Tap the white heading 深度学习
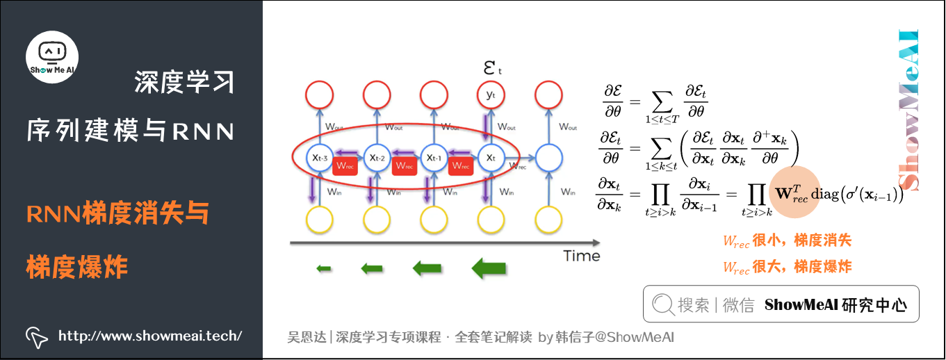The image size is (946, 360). point(184,82)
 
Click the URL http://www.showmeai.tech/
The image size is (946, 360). point(150,336)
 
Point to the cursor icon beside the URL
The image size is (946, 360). point(36,336)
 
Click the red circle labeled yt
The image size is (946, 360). point(491,95)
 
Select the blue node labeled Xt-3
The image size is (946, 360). point(320,158)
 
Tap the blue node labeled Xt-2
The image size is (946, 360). point(378,158)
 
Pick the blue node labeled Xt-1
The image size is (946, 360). point(434,158)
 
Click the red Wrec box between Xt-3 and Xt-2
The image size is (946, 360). point(345,165)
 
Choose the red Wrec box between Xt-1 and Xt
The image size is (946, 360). point(460,165)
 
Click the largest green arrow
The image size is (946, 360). point(489,268)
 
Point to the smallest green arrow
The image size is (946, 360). point(323,268)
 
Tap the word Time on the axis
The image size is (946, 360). point(581,256)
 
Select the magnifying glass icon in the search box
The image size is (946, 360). point(662,304)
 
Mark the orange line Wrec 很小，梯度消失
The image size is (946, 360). point(787,241)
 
